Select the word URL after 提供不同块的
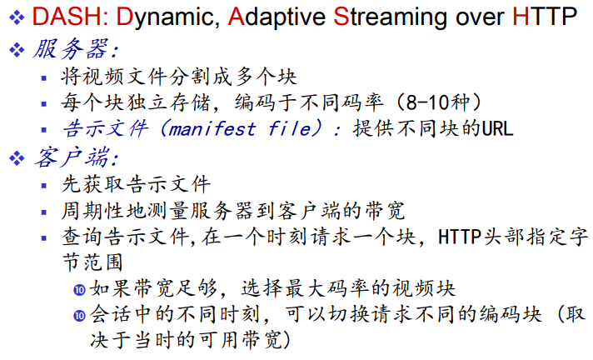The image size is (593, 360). (499, 129)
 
